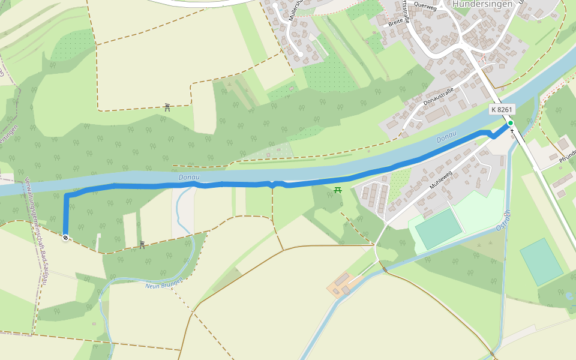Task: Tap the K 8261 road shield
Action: click(502, 109)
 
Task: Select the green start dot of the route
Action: click(510, 123)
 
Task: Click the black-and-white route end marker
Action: click(65, 238)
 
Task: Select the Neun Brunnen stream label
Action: click(164, 286)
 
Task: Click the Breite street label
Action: click(396, 22)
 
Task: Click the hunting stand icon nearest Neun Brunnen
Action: click(142, 244)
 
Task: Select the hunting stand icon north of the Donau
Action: click(167, 107)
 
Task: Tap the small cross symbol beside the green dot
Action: click(512, 130)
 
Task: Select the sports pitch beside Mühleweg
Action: click(439, 228)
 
